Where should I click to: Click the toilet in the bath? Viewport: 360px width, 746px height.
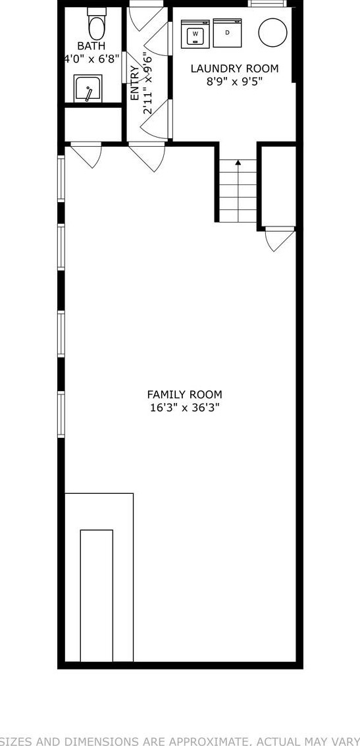(97, 26)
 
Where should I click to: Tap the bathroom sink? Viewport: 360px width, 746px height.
(88, 90)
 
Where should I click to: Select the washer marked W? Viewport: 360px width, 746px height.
(195, 34)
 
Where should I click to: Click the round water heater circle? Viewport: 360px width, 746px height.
(272, 32)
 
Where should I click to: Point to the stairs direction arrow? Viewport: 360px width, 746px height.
(238, 163)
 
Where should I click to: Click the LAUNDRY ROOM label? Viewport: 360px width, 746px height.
(234, 68)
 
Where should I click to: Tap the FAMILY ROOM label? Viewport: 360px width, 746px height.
(184, 394)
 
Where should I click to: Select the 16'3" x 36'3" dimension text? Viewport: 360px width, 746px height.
(184, 408)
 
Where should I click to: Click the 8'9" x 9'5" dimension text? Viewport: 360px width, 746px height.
(234, 82)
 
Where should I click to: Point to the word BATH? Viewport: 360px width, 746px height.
(91, 46)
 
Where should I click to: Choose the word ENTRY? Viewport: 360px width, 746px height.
(135, 83)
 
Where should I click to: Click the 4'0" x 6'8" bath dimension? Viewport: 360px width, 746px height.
(91, 59)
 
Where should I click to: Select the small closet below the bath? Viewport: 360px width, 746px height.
(93, 124)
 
